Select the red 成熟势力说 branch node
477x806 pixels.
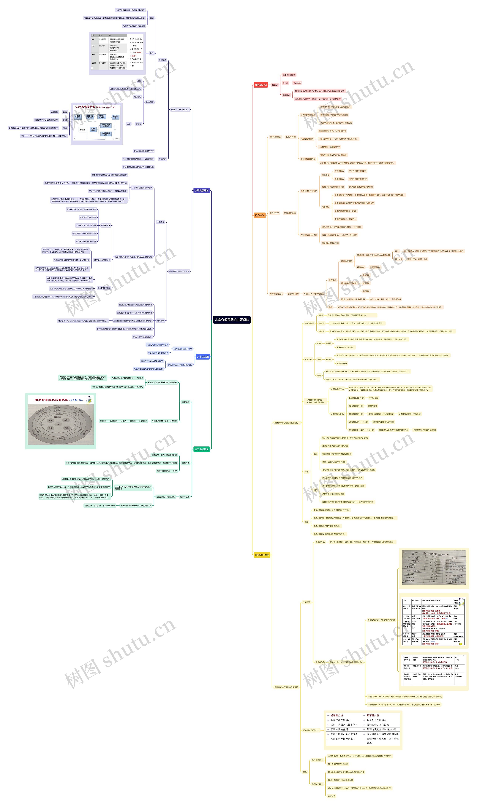pos(261,85)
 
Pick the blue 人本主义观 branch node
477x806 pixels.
pos(203,357)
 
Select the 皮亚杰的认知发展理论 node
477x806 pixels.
pos(180,109)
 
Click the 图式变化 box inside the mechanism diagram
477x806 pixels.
pos(83,130)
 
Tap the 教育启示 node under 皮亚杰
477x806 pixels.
pos(162,159)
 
